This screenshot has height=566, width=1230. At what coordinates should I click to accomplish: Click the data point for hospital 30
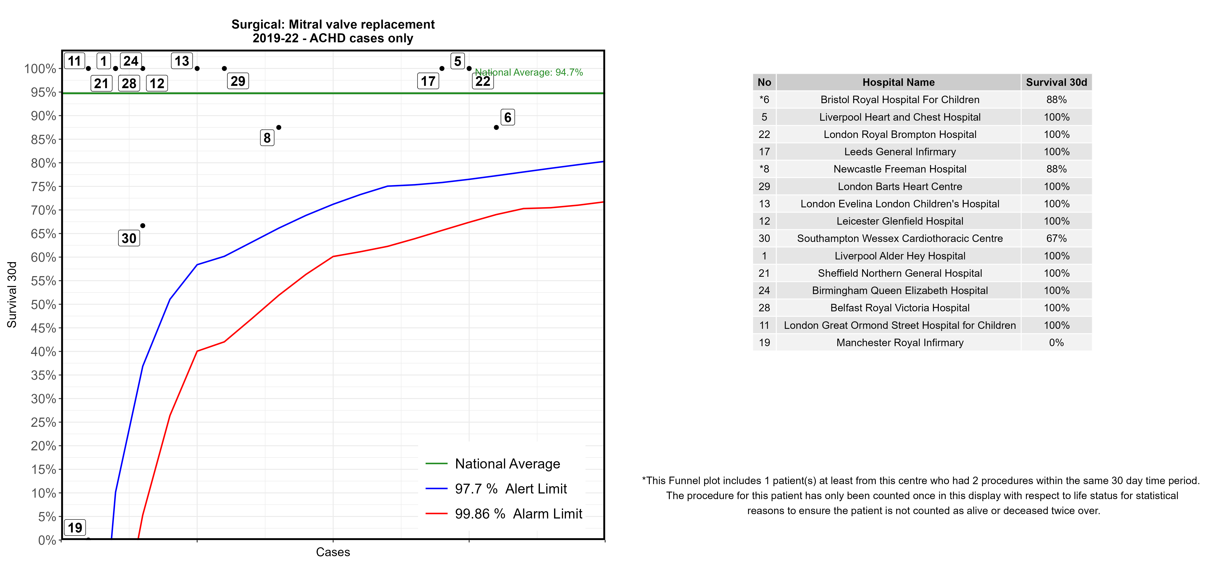[143, 225]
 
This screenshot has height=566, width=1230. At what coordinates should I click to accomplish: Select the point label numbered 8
[267, 138]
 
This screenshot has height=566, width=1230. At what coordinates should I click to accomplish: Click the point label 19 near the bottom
[75, 528]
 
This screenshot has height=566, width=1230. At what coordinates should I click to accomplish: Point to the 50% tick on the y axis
[44, 305]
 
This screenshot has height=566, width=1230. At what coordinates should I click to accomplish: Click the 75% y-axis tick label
[44, 187]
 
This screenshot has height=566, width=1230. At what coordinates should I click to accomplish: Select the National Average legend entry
[507, 464]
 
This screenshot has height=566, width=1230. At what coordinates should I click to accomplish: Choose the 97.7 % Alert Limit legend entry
[510, 489]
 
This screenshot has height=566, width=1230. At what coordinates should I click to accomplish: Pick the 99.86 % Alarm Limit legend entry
[518, 514]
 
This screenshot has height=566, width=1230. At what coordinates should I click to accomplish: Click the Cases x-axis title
[333, 552]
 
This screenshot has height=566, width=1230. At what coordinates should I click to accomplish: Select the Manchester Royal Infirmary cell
[900, 342]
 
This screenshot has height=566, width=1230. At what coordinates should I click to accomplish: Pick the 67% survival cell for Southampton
[1056, 238]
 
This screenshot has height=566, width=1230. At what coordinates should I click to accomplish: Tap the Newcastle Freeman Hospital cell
[900, 169]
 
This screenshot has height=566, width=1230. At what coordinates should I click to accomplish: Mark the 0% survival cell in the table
[1056, 342]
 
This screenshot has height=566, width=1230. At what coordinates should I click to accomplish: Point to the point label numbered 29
[238, 81]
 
